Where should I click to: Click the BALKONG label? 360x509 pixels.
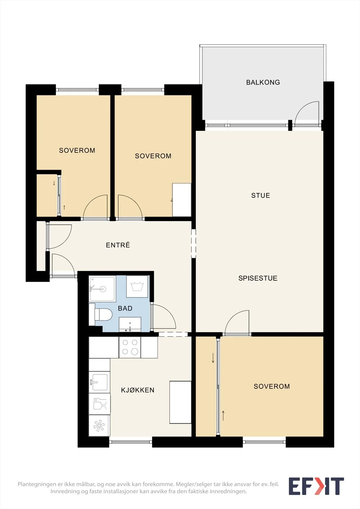263,82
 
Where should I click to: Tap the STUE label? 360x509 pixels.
261,195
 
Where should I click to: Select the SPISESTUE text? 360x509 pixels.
258,278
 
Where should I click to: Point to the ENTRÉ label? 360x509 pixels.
118,245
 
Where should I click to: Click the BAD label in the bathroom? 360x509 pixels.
125,308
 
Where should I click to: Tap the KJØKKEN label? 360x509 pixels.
138,390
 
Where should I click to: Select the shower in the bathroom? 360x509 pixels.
102,289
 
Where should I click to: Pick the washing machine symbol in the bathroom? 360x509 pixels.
137,286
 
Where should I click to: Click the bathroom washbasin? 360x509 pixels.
130,324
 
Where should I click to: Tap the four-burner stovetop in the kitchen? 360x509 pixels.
130,347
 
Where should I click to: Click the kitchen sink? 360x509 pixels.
99,382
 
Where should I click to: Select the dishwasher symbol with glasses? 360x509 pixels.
99,404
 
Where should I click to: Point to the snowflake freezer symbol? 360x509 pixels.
99,426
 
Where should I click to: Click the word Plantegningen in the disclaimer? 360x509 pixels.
37,484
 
